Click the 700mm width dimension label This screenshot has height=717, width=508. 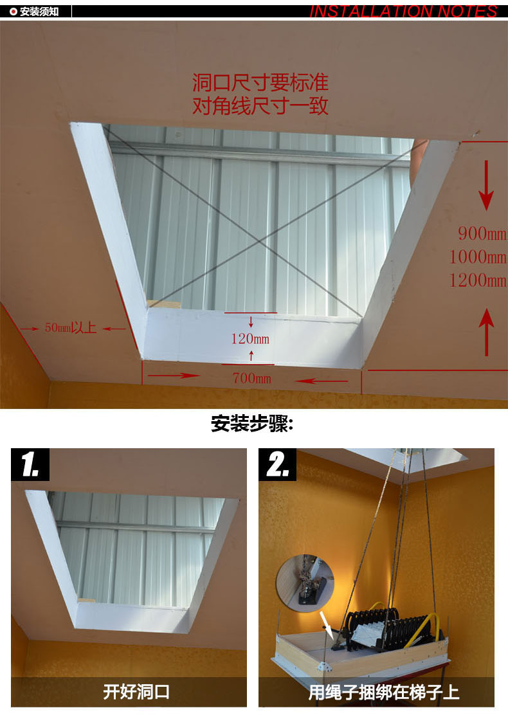tap(251, 378)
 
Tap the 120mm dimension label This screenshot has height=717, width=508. tap(250, 339)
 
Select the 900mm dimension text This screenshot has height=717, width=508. tap(482, 233)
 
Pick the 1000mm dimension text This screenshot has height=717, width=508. tap(478, 257)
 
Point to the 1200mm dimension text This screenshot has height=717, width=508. tap(478, 280)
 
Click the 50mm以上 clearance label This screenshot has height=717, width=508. tap(71, 328)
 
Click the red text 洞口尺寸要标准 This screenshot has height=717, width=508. tap(260, 83)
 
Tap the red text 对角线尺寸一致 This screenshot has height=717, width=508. tap(260, 105)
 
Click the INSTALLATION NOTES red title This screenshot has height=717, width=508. tap(403, 11)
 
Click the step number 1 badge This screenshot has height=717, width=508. tap(30, 465)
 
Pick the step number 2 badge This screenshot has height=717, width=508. tap(278, 465)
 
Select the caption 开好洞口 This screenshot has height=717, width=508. tap(136, 692)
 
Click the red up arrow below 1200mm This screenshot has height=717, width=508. tap(487, 331)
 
